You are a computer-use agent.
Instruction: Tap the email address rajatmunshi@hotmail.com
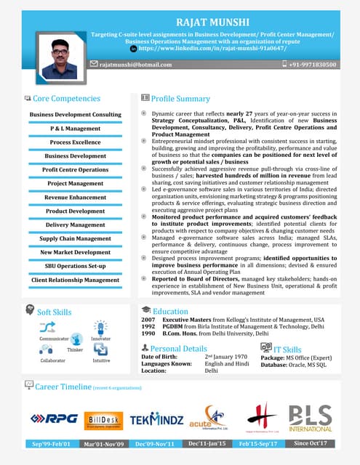(135, 65)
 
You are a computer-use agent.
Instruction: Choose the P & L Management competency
(76, 128)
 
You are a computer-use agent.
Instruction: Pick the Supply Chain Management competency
(76, 238)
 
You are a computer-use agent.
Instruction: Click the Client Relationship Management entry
(76, 280)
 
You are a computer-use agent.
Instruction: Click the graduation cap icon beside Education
(145, 310)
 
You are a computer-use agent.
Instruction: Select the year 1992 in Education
(148, 327)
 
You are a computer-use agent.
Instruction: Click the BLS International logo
(310, 418)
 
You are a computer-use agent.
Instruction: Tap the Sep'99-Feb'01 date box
(51, 443)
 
